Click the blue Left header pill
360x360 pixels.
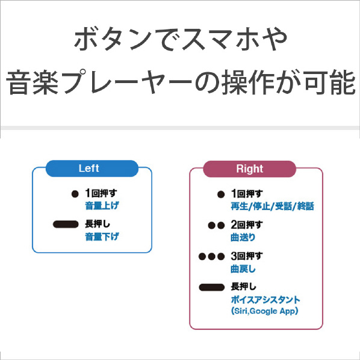(92, 169)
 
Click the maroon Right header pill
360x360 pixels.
(250, 169)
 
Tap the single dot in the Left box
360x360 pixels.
(75, 194)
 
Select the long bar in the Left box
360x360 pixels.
(66, 225)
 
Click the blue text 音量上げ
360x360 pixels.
(102, 205)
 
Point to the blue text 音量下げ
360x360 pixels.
(102, 237)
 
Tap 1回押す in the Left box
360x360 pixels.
(101, 193)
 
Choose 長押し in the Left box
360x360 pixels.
(98, 224)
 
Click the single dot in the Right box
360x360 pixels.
(221, 194)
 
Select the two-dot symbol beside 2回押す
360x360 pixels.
(216, 226)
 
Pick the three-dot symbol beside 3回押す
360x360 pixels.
(211, 256)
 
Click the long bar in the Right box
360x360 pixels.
(211, 287)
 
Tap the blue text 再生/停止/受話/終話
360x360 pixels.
(272, 206)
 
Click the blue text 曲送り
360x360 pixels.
(243, 237)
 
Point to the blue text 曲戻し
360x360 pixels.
(243, 268)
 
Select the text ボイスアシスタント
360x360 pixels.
(265, 300)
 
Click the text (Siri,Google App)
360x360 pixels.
(265, 311)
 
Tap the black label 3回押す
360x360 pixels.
(247, 256)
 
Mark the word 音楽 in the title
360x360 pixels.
(32, 82)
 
